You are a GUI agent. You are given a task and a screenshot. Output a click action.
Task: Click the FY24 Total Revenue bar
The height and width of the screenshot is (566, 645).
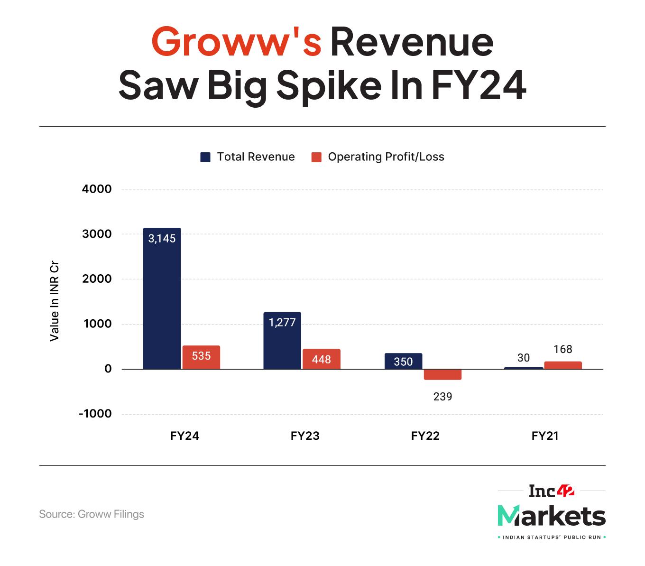pos(162,298)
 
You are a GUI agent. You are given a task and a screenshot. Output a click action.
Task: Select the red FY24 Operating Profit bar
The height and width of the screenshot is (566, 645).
pos(201,357)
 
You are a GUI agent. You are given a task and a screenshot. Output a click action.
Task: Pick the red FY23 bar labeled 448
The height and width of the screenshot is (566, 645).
pos(322,359)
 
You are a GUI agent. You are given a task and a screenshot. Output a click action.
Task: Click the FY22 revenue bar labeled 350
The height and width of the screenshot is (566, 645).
pos(403,361)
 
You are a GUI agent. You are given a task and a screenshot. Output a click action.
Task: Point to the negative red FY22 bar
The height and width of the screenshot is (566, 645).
pos(442,374)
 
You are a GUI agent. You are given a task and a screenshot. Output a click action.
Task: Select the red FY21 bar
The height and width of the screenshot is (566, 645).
pos(563,365)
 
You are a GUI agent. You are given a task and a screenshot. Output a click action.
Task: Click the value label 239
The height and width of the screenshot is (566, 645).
pos(442,396)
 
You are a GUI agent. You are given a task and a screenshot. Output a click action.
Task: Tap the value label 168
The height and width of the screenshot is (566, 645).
pos(563,350)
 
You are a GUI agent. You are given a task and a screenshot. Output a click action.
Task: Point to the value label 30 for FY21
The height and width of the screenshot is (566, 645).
pos(524,358)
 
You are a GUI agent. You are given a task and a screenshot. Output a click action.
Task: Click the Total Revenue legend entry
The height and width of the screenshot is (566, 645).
pos(248,157)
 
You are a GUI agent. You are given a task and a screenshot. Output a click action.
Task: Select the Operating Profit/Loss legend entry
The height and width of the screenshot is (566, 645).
pos(378,157)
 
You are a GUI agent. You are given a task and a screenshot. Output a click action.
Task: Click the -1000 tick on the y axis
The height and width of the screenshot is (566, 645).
pos(95,414)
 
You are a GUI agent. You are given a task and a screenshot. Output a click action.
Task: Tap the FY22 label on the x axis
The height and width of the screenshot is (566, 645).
pos(425,436)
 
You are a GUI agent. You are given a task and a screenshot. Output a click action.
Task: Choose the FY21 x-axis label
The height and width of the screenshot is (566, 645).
pos(545,436)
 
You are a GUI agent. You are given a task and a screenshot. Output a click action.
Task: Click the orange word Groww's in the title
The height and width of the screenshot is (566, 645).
pos(236,42)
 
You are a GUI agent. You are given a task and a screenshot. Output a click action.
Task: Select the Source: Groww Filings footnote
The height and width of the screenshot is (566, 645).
pos(92,514)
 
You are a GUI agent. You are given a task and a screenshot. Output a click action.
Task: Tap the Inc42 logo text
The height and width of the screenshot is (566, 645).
pos(552,491)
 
